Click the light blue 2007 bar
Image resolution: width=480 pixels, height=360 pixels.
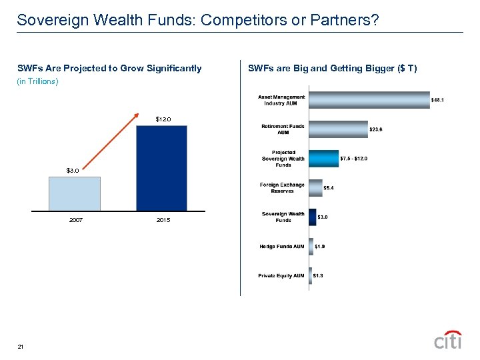(75, 194)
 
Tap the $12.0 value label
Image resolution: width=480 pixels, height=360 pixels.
(163, 119)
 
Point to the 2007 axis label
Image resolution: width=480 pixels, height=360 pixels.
(75, 220)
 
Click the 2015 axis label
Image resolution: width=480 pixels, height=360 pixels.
(163, 220)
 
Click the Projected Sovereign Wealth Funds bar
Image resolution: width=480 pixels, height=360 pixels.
(323, 159)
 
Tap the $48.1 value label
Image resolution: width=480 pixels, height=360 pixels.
(438, 101)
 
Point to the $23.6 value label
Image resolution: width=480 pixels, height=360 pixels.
(377, 129)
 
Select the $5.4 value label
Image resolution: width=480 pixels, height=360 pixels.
(329, 188)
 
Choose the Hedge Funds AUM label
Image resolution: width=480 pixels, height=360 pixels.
(282, 247)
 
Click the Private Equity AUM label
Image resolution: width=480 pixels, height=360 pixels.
(281, 275)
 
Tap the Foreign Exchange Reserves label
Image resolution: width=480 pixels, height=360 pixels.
(282, 188)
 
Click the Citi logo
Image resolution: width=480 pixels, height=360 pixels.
(448, 339)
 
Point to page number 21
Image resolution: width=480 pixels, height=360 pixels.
(21, 347)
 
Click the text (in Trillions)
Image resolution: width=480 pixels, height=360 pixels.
(38, 81)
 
